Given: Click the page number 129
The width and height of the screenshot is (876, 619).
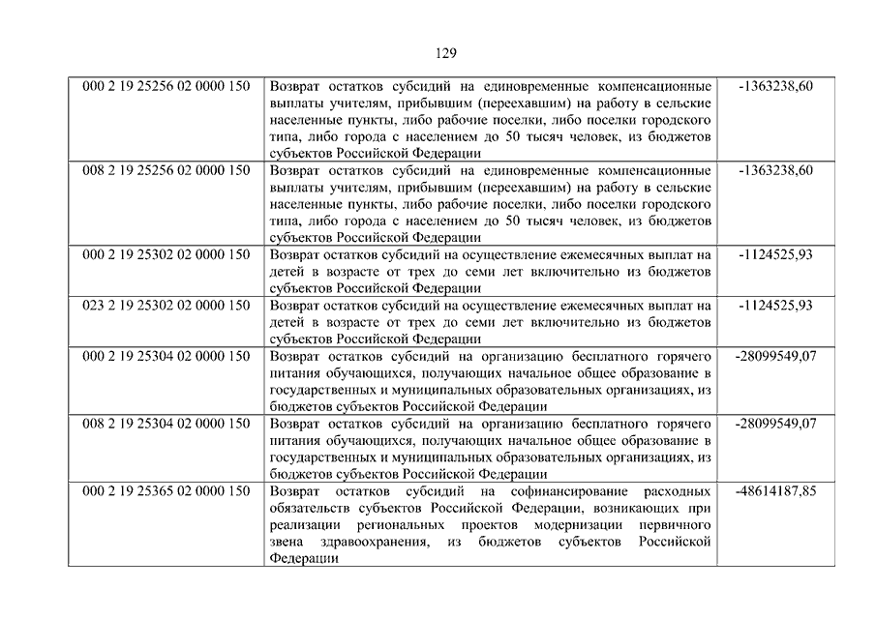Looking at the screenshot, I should click(438, 53).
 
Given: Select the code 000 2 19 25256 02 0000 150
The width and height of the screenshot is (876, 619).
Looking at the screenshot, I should click(166, 87).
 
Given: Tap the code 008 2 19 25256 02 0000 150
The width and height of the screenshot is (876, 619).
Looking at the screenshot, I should click(166, 171).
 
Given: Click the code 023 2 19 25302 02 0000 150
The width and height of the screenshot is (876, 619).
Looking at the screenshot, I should click(166, 306).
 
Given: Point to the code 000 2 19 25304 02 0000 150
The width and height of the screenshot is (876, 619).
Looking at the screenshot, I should click(166, 357).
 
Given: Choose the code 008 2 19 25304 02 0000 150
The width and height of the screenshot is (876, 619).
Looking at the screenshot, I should click(166, 424).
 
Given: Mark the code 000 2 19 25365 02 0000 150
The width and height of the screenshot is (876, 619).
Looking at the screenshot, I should click(166, 491).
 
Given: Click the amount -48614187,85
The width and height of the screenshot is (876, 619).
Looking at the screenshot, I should click(775, 491).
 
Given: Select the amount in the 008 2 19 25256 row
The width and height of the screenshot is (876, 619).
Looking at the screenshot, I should click(775, 171).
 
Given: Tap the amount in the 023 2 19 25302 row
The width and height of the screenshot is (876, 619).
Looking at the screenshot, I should click(775, 306).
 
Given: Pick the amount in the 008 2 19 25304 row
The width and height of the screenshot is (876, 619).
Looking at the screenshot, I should click(775, 424).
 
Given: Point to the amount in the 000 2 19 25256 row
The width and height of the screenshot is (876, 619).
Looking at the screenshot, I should click(775, 87).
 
